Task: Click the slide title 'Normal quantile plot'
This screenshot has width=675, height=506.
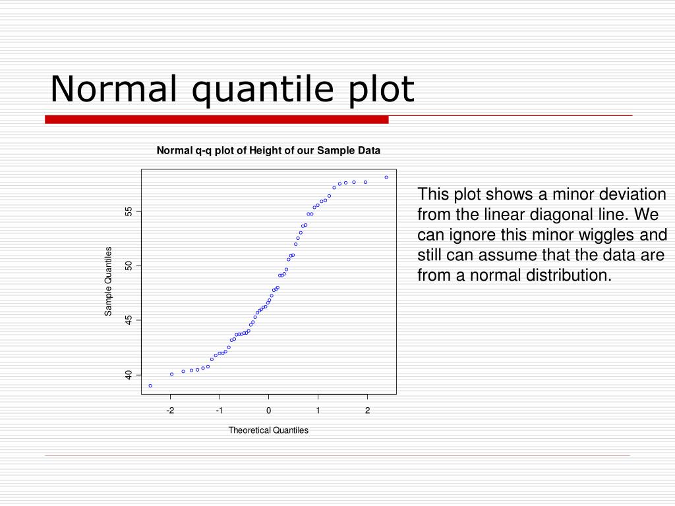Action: click(232, 89)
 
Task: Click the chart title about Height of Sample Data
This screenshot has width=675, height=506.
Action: click(268, 150)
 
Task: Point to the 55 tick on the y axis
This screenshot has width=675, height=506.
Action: click(129, 211)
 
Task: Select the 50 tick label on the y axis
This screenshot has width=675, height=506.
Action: click(129, 266)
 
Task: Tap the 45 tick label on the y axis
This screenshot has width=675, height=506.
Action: click(129, 320)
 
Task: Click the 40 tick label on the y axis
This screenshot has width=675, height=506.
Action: click(129, 374)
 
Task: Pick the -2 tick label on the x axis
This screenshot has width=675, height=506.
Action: click(170, 410)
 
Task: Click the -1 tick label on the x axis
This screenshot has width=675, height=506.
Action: click(220, 410)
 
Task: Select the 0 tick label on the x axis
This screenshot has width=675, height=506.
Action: click(269, 410)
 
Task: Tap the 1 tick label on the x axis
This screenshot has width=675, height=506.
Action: click(318, 410)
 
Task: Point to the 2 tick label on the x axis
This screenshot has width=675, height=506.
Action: click(367, 410)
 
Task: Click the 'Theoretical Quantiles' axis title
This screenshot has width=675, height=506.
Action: click(268, 430)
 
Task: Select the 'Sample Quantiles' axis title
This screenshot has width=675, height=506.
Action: click(109, 281)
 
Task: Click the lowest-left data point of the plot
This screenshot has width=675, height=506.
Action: click(150, 385)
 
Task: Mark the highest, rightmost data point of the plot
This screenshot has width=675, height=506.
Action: click(386, 177)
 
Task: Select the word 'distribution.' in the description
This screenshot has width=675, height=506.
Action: click(568, 275)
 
